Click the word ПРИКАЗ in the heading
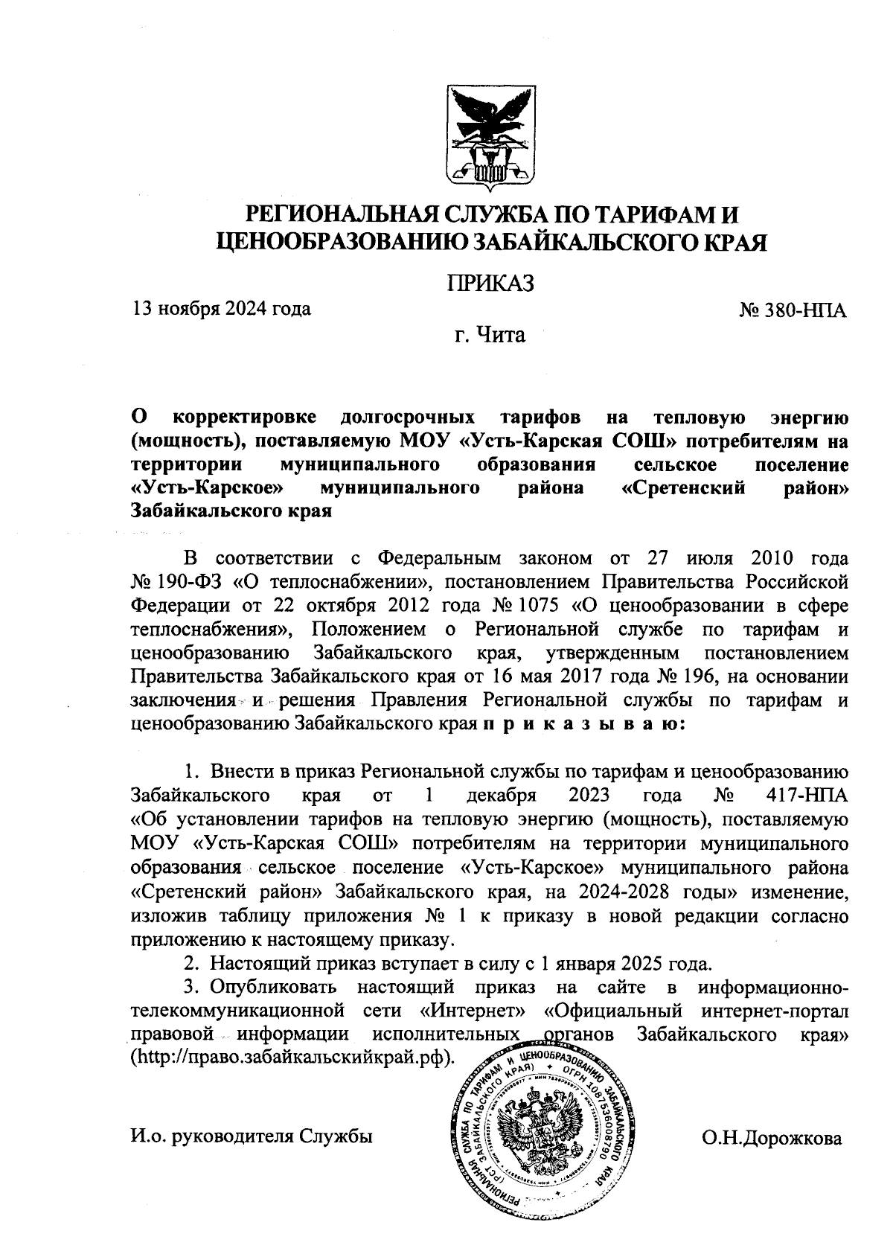[490, 284]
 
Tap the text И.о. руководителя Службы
[250, 1136]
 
